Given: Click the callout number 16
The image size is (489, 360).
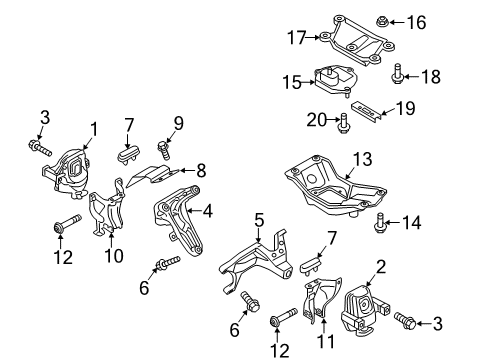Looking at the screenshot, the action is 416,23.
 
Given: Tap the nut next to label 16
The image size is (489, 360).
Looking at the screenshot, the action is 382,22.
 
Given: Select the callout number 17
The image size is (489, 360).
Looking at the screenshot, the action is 296,37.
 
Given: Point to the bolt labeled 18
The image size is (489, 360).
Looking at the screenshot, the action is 397,74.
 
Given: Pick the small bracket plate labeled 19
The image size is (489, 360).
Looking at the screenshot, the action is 365,111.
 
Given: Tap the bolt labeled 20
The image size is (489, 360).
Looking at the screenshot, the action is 343,124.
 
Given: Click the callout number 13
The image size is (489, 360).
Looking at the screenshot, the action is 362,159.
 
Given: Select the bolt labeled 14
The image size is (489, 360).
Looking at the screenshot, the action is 379,223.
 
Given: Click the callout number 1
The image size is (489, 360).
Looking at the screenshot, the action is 94,129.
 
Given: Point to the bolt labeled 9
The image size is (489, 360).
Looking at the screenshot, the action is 164,150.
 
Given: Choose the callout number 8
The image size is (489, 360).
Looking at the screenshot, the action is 201,171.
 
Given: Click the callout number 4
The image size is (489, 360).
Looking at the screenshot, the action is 208,211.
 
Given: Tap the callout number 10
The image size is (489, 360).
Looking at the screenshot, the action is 114,256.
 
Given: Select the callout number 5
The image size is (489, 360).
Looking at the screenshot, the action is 259,220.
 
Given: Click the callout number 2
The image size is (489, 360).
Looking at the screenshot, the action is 381,267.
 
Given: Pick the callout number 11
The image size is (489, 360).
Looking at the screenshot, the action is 325,341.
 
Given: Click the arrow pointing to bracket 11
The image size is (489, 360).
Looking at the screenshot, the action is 323,322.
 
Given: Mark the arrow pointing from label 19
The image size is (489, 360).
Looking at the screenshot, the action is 388,112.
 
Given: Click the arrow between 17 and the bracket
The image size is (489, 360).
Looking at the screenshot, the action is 313,37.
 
